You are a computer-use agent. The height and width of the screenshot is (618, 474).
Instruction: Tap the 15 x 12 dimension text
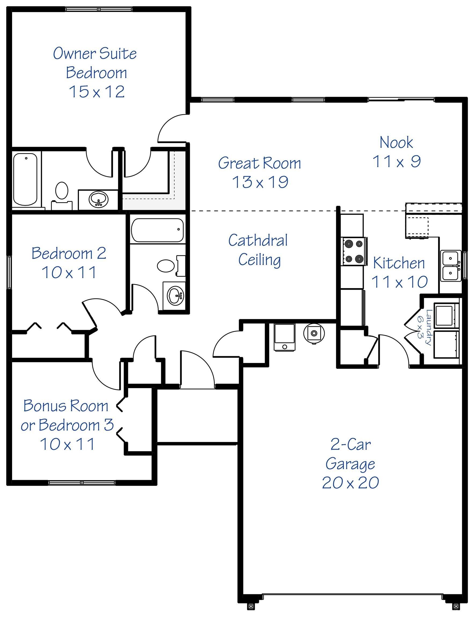point(97,92)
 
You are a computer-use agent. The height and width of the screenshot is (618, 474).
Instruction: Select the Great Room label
point(259,163)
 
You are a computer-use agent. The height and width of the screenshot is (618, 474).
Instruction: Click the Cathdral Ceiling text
point(258,250)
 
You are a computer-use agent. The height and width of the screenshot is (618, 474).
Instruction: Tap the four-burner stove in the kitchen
point(354,251)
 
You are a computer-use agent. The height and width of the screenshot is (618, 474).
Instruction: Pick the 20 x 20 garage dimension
point(350,483)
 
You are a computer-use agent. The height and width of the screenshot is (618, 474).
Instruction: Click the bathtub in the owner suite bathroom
point(25,179)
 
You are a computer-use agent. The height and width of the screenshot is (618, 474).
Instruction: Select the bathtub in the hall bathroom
point(157,230)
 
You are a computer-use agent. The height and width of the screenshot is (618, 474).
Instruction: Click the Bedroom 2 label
point(69,253)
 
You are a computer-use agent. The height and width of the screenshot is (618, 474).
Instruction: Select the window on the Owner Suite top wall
point(99,9)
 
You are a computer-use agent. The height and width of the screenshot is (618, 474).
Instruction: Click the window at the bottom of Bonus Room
point(82,483)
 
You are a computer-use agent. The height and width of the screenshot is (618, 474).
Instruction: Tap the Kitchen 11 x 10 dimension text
point(399,281)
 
